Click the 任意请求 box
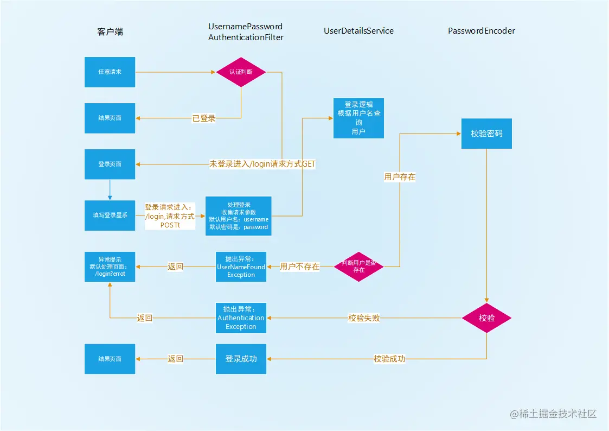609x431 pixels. [x=110, y=72]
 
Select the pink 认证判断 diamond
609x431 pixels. [x=241, y=72]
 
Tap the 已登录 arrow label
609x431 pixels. [x=204, y=118]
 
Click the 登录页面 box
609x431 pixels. [x=110, y=164]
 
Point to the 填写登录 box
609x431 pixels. [x=110, y=215]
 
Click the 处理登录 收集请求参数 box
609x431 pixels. [x=239, y=215]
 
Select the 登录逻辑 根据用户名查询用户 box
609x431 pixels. [x=358, y=118]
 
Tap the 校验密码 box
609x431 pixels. [x=486, y=133]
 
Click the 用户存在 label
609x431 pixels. [x=400, y=177]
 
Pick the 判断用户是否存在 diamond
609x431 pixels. [x=358, y=267]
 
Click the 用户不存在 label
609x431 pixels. [x=299, y=267]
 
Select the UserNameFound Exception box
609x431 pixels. [x=241, y=267]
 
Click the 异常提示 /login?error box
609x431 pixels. [x=110, y=267]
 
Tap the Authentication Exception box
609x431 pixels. [x=241, y=318]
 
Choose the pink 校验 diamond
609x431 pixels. [x=486, y=318]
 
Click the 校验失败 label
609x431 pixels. [x=364, y=318]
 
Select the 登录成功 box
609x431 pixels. [x=241, y=359]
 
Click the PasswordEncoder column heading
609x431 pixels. [x=481, y=31]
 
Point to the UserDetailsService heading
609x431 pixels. [x=358, y=31]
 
